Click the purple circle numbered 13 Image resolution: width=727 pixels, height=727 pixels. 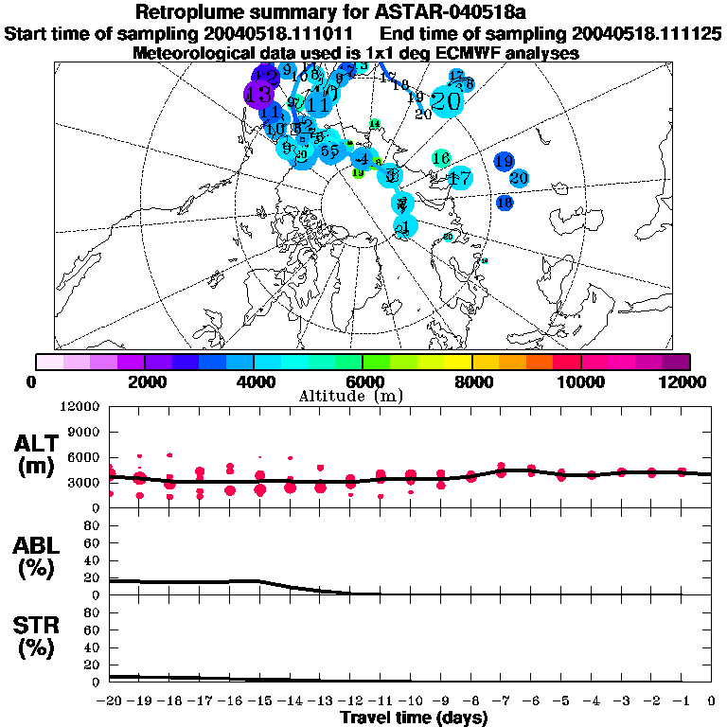(x=258, y=94)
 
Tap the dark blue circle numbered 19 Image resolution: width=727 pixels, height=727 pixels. (x=504, y=161)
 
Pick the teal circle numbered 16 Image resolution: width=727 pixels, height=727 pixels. (x=440, y=158)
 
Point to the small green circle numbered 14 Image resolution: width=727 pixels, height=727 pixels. (x=374, y=124)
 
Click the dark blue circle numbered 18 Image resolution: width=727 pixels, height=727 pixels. (x=505, y=202)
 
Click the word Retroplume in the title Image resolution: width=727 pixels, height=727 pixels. (x=190, y=12)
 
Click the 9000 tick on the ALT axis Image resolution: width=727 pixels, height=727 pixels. (x=85, y=432)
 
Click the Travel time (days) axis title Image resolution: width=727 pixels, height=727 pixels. (x=414, y=718)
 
